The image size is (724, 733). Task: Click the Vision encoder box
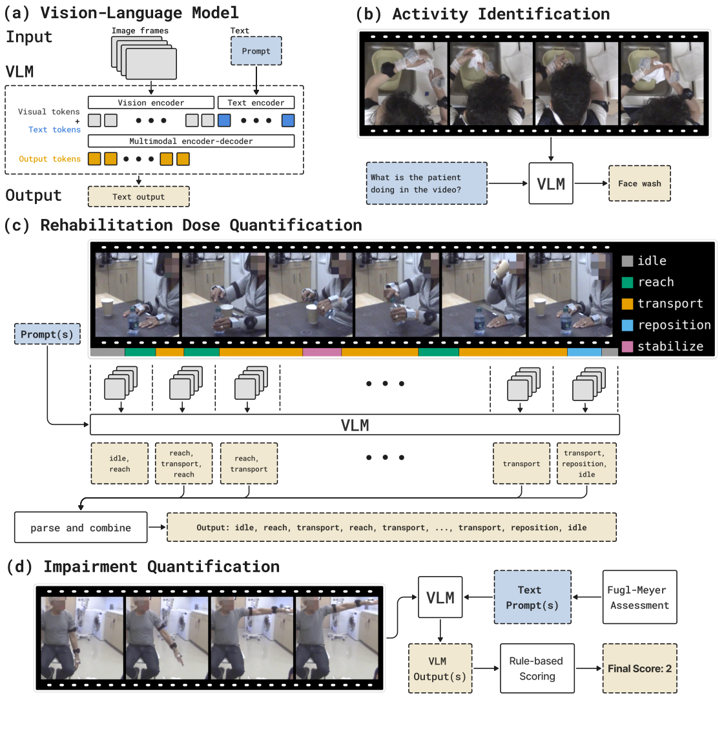point(150,103)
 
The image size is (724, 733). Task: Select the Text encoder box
point(256,103)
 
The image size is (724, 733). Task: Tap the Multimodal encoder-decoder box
point(191,141)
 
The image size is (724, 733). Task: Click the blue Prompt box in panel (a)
point(256,51)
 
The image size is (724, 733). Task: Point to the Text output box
point(138,196)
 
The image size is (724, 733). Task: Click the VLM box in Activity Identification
point(551,184)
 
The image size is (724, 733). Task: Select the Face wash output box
point(639,184)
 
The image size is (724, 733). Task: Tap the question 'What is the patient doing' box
point(426,184)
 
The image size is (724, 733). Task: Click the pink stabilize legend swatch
point(627,347)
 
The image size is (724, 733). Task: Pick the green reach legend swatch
point(627,282)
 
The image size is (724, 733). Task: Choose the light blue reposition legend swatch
point(627,325)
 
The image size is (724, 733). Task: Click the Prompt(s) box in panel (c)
point(47,335)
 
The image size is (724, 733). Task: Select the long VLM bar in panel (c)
point(355,425)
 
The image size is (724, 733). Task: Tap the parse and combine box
point(81,528)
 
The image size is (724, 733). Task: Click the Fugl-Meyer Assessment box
point(639,597)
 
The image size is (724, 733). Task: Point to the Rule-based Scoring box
point(537,668)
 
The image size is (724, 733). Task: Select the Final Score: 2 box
point(639,668)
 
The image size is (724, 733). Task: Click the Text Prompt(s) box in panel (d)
point(532,597)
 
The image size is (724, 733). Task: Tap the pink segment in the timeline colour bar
point(322,353)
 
